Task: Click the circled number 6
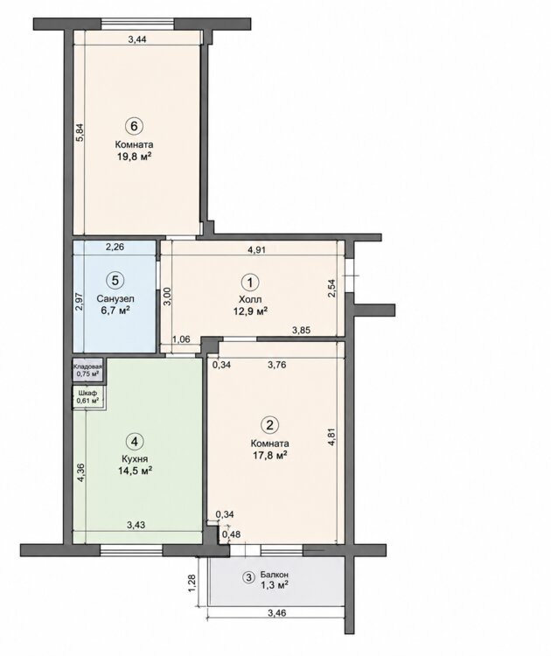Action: [134, 125]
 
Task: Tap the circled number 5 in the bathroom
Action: [115, 280]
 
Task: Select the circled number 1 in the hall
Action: [251, 283]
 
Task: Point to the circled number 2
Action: [270, 425]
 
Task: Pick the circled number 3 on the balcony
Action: [248, 578]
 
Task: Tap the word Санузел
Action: [115, 299]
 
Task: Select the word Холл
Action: [250, 299]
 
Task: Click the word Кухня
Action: [134, 459]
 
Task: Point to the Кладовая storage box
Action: [87, 369]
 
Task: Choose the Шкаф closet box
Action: [87, 396]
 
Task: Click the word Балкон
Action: [274, 575]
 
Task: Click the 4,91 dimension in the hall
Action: [257, 250]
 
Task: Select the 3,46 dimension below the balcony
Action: [276, 613]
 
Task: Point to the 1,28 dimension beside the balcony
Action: [192, 583]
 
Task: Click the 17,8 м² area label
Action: [270, 454]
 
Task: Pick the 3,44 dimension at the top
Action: [137, 39]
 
